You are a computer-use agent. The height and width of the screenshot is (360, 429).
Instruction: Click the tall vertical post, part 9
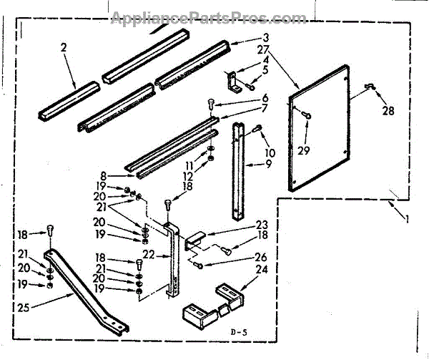coord(237,172)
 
